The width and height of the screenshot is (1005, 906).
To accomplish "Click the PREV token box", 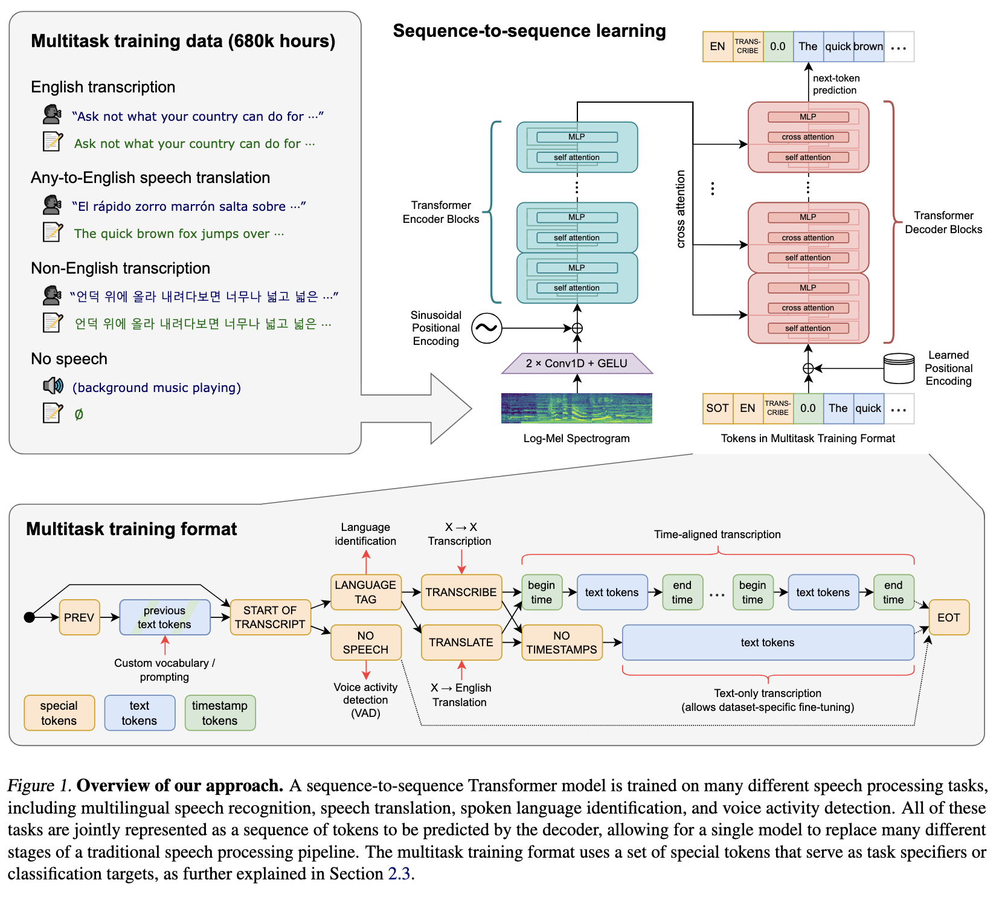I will tap(79, 617).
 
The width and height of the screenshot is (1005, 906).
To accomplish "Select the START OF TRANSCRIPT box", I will tap(270, 617).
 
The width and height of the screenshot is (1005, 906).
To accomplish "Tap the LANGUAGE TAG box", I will tap(365, 592).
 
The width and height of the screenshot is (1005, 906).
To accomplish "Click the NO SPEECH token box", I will tap(365, 642).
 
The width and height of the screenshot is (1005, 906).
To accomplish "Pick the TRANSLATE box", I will tap(461, 642).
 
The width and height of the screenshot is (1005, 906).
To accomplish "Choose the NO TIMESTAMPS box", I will tap(561, 642).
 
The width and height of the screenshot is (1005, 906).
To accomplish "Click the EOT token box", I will tap(948, 617).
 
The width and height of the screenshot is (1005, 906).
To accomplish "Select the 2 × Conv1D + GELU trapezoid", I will tap(577, 364).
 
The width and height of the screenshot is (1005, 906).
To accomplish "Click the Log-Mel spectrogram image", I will tap(577, 408).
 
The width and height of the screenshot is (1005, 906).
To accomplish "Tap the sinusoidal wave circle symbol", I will tap(486, 328).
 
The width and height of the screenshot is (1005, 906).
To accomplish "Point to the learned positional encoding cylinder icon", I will tap(899, 368).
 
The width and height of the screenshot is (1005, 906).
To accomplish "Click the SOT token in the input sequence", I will tap(718, 408).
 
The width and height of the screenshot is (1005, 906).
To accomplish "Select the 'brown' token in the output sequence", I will tap(869, 47).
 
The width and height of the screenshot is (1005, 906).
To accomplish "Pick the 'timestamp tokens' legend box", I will tap(220, 713).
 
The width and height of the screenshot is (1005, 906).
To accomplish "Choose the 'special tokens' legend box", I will tap(59, 713).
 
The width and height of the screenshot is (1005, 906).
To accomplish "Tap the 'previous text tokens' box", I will tap(164, 617).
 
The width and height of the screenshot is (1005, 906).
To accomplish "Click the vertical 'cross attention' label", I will tap(681, 208).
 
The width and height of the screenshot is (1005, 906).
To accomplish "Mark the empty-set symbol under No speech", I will tap(79, 414).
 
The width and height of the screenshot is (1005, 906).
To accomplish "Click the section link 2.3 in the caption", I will tap(399, 874).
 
